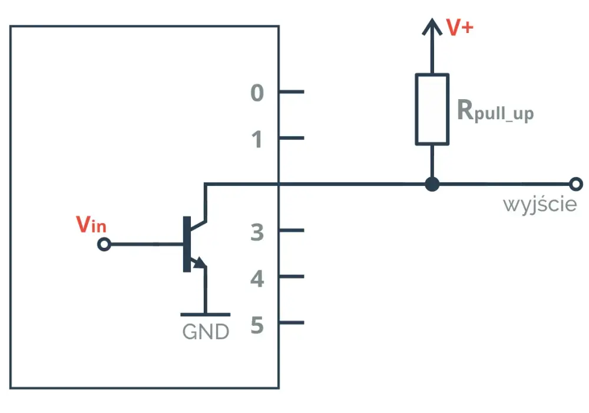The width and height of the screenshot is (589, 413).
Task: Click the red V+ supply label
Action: [x=459, y=28]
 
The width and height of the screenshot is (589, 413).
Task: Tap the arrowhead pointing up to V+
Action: [x=432, y=27]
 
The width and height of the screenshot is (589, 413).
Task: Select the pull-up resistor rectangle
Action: [x=432, y=109]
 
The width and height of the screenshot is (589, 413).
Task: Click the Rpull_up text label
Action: [x=495, y=111]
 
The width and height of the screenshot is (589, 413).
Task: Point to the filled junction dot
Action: [x=432, y=184]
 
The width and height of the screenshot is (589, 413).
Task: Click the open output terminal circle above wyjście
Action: [x=576, y=184]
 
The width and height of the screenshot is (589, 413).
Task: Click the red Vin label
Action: [x=91, y=225]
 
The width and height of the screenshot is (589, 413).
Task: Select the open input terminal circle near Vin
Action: [x=104, y=244]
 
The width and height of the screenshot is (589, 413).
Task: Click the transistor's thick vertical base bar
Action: [x=187, y=244]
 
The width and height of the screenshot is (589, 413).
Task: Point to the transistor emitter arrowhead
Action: [x=200, y=262]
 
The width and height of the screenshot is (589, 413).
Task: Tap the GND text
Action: [x=206, y=332]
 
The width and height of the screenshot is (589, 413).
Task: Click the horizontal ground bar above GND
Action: [x=206, y=314]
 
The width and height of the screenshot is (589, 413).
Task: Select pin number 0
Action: [x=257, y=93]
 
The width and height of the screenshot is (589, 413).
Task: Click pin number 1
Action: [x=257, y=139]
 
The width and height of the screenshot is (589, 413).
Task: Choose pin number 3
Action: [x=257, y=232]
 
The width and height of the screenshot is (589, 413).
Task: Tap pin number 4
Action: [x=257, y=278]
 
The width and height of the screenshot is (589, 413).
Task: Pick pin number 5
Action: [x=257, y=325]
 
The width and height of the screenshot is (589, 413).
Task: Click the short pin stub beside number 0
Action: [x=292, y=92]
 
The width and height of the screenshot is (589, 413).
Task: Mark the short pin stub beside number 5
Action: [x=292, y=323]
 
